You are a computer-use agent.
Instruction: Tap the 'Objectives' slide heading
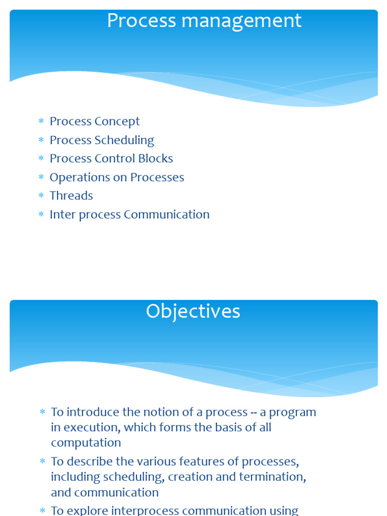193,311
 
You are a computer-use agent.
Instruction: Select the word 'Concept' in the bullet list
117,122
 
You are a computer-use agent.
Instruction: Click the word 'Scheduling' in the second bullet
124,141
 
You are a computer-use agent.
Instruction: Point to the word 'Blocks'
155,159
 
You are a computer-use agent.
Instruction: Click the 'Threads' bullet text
72,196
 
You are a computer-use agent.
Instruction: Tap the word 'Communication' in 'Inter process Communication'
166,215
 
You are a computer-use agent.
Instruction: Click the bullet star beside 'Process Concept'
41,121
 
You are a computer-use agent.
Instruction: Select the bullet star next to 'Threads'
41,196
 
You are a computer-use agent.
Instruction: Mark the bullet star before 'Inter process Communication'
41,214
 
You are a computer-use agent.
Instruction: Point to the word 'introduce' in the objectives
93,412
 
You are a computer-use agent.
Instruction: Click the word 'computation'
86,443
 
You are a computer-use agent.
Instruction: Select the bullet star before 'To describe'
42,462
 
